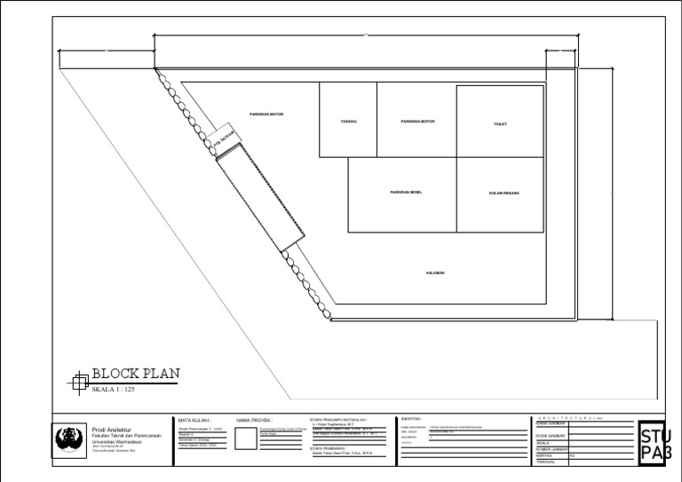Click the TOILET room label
(x=500, y=124)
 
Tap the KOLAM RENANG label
(x=504, y=193)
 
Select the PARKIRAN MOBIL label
(x=406, y=192)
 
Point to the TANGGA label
(x=348, y=122)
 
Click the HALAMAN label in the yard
(x=435, y=273)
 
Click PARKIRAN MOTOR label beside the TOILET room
(x=417, y=122)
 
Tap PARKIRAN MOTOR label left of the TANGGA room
(x=266, y=115)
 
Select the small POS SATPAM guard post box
(x=222, y=143)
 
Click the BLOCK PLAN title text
(x=135, y=375)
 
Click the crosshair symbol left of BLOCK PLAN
(x=78, y=383)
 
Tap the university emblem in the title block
(x=68, y=439)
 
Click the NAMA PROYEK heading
(x=254, y=421)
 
